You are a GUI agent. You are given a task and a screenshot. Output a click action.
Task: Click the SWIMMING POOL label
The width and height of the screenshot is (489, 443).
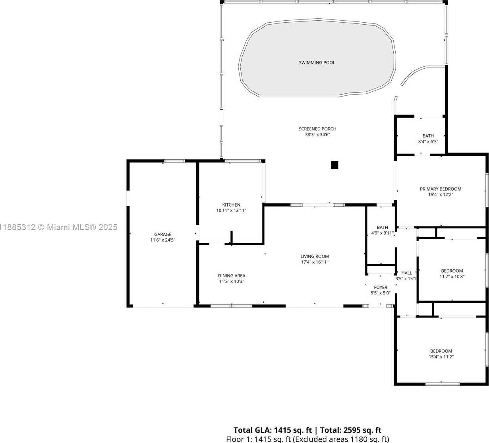(x=317, y=63)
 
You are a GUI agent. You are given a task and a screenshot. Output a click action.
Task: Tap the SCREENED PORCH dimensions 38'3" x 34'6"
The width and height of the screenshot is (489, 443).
(x=317, y=135)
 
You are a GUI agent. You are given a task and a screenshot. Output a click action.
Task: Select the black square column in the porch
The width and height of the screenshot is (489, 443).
(x=334, y=165)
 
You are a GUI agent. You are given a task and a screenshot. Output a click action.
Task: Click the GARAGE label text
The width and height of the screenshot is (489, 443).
(x=162, y=234)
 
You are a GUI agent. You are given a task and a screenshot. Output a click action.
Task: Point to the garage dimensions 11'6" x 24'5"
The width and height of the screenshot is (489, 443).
(x=162, y=240)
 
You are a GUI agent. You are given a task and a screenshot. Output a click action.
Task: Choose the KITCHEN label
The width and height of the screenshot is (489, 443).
(x=231, y=205)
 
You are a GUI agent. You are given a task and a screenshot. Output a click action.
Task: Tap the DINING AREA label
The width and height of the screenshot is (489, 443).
(x=232, y=276)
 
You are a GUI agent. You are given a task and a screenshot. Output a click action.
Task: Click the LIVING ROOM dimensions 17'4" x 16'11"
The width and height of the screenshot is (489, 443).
(x=315, y=262)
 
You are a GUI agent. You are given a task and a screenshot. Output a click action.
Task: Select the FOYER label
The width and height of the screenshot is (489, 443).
(x=381, y=287)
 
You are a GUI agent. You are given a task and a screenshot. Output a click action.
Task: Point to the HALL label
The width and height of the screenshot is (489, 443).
(x=407, y=273)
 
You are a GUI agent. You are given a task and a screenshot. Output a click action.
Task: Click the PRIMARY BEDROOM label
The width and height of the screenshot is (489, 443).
(x=441, y=189)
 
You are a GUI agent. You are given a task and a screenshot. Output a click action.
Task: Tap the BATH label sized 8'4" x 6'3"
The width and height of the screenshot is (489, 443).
(x=428, y=136)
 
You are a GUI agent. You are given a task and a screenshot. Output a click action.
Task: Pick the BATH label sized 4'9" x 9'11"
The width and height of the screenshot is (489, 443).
(x=382, y=227)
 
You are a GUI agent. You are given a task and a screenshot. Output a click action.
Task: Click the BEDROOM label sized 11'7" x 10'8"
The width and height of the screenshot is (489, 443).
(x=452, y=271)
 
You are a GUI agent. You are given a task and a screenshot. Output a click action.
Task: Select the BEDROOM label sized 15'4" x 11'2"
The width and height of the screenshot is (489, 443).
(x=441, y=351)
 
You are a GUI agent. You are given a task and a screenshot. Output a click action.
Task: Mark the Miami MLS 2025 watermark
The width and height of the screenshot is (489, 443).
(x=59, y=227)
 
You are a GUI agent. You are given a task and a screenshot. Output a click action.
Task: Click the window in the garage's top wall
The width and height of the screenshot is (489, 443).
(x=174, y=161)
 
